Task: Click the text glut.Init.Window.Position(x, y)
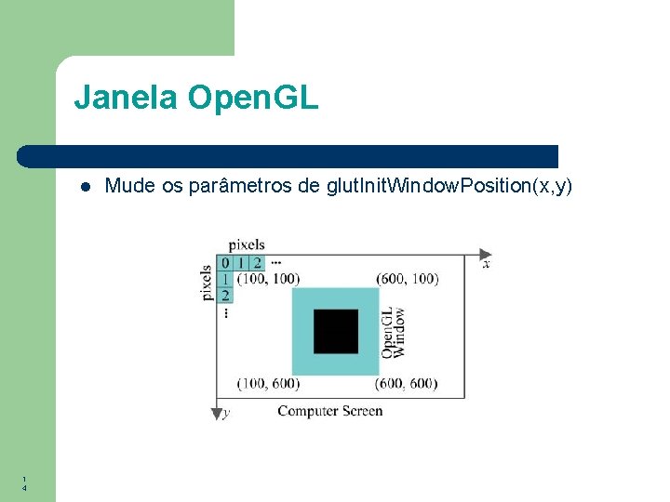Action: point(449,186)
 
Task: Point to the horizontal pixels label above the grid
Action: point(247,244)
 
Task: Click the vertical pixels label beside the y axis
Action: point(207,283)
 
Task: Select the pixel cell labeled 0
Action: point(225,263)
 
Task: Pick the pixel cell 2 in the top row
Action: point(256,263)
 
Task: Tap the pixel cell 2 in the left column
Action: point(225,295)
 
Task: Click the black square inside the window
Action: point(335,332)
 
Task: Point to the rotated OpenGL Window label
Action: point(392,332)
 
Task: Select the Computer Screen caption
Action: point(329,411)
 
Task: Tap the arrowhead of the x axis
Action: point(485,254)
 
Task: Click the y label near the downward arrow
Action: point(228,412)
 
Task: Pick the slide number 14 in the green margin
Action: point(24,483)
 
